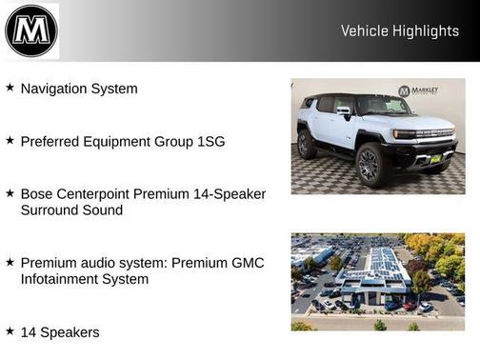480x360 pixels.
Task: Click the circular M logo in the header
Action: pos(30,30)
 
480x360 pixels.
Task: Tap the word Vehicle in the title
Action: pos(364,31)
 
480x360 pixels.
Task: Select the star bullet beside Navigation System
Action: pos(10,88)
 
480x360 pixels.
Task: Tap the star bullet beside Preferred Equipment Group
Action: pos(10,140)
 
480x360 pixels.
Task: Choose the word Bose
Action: pos(38,193)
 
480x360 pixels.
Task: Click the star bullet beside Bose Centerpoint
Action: pos(10,192)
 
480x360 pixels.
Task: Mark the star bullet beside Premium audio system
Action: pos(10,261)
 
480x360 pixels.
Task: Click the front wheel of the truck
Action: pos(370,165)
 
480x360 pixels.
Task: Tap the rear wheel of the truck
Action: pos(307,144)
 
